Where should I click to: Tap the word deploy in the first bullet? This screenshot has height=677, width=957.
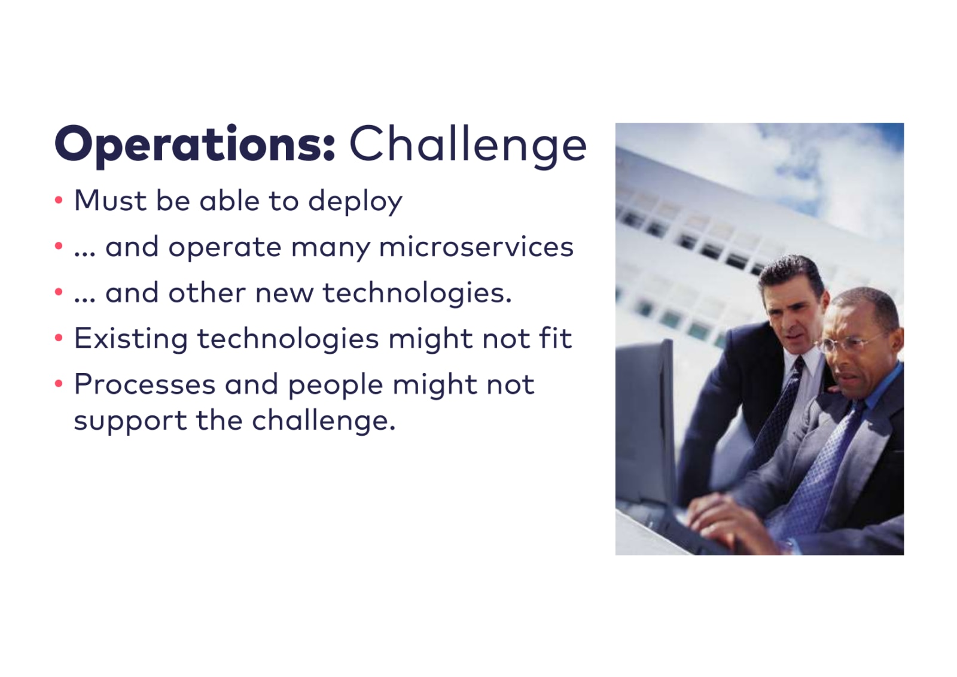355,201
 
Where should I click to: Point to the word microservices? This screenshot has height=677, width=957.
476,247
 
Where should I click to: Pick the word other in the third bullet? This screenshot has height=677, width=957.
207,293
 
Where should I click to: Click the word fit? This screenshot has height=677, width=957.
555,338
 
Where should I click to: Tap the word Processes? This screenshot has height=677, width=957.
145,384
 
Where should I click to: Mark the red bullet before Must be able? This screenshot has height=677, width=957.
59,200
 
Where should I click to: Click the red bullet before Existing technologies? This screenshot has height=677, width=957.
59,338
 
